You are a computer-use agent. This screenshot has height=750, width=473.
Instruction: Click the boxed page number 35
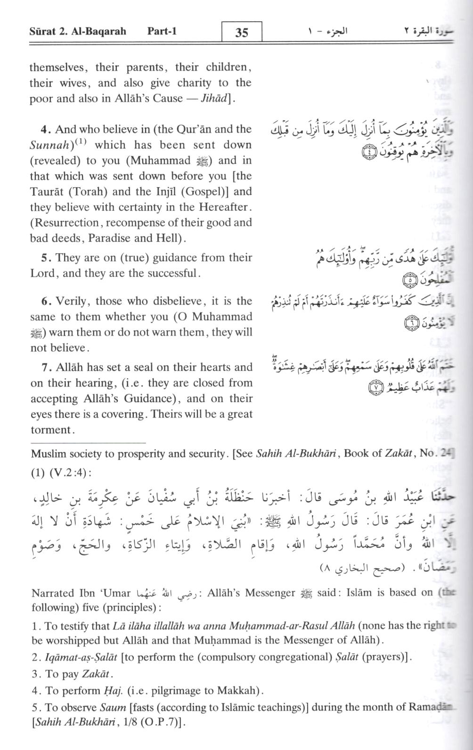(241, 32)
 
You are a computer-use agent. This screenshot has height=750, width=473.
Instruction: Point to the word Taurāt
(50, 191)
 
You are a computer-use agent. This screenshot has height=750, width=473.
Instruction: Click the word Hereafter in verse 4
(221, 207)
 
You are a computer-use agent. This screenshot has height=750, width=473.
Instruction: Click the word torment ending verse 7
(51, 430)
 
